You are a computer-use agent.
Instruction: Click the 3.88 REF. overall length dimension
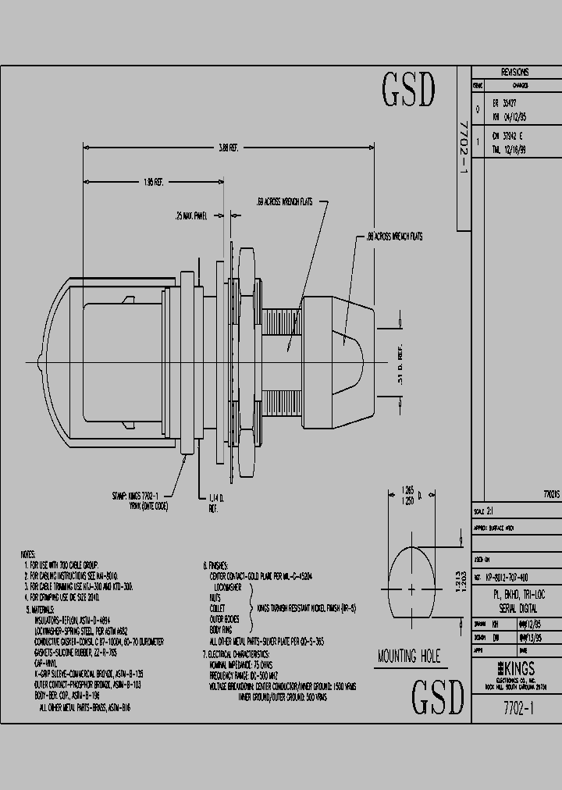pos(228,148)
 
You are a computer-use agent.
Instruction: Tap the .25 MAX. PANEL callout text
pos(191,216)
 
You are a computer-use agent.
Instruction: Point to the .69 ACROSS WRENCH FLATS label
pos(285,201)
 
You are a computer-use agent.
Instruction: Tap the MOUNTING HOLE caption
pos(408,656)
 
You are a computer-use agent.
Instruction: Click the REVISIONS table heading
pos(514,70)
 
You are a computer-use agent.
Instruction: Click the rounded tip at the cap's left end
pos(39,362)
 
